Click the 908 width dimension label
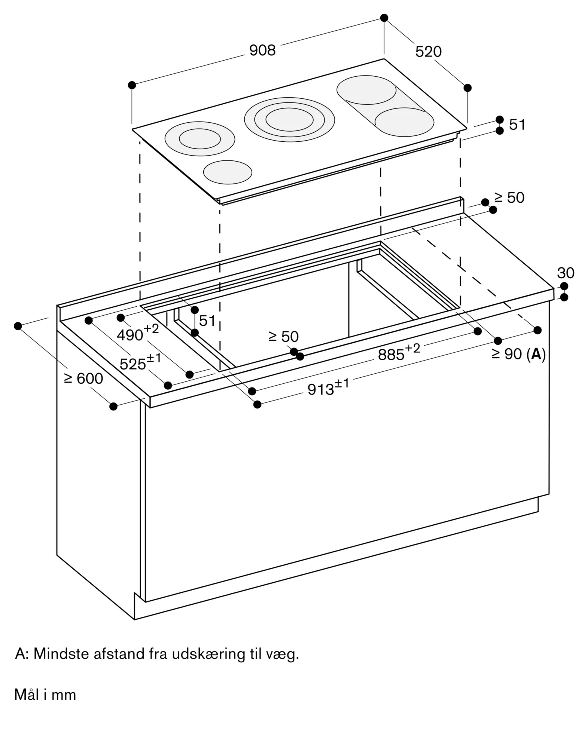point(262,50)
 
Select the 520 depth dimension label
point(428,52)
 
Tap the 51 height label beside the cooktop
point(517,125)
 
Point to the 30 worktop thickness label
point(566,273)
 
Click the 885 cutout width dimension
point(399,353)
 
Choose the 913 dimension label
point(328,387)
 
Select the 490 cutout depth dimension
point(138,333)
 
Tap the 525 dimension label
point(140,362)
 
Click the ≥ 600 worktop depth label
point(83,378)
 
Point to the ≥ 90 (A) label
point(519,354)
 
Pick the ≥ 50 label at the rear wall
point(509,198)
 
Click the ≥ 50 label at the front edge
point(284,337)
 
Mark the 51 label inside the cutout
point(207,321)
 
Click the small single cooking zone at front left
point(228,172)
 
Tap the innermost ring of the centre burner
point(290,119)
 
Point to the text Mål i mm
point(45,695)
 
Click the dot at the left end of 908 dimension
point(132,85)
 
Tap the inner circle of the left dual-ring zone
point(200,139)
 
